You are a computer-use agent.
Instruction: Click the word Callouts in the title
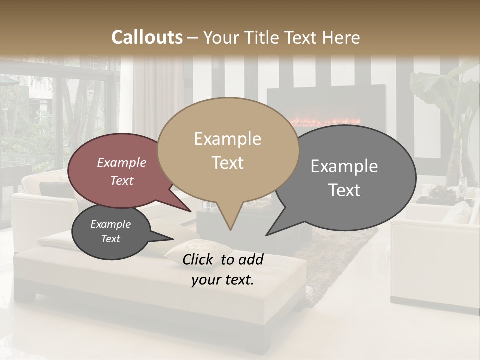pyautogui.click(x=147, y=37)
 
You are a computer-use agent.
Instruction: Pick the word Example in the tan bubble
pyautogui.click(x=227, y=139)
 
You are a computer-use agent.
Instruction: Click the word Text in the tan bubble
pyautogui.click(x=228, y=163)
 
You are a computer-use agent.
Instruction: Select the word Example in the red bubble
pyautogui.click(x=121, y=162)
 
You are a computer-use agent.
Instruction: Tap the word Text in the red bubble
pyautogui.click(x=122, y=180)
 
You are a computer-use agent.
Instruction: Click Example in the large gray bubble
pyautogui.click(x=344, y=166)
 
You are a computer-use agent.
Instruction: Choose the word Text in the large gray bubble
pyautogui.click(x=345, y=190)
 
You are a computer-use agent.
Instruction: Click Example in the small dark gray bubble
pyautogui.click(x=110, y=224)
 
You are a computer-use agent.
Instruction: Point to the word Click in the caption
pyautogui.click(x=198, y=259)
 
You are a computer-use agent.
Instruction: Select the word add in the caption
pyautogui.click(x=250, y=259)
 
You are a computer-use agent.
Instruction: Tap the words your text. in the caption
pyautogui.click(x=223, y=280)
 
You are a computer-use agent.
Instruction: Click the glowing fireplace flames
pyautogui.click(x=325, y=122)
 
